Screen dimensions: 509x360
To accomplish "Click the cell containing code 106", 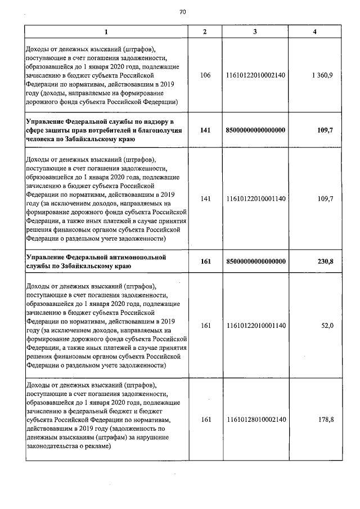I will pyautogui.click(x=205, y=75).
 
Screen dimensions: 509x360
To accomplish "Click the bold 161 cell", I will pyautogui.click(x=205, y=261).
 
